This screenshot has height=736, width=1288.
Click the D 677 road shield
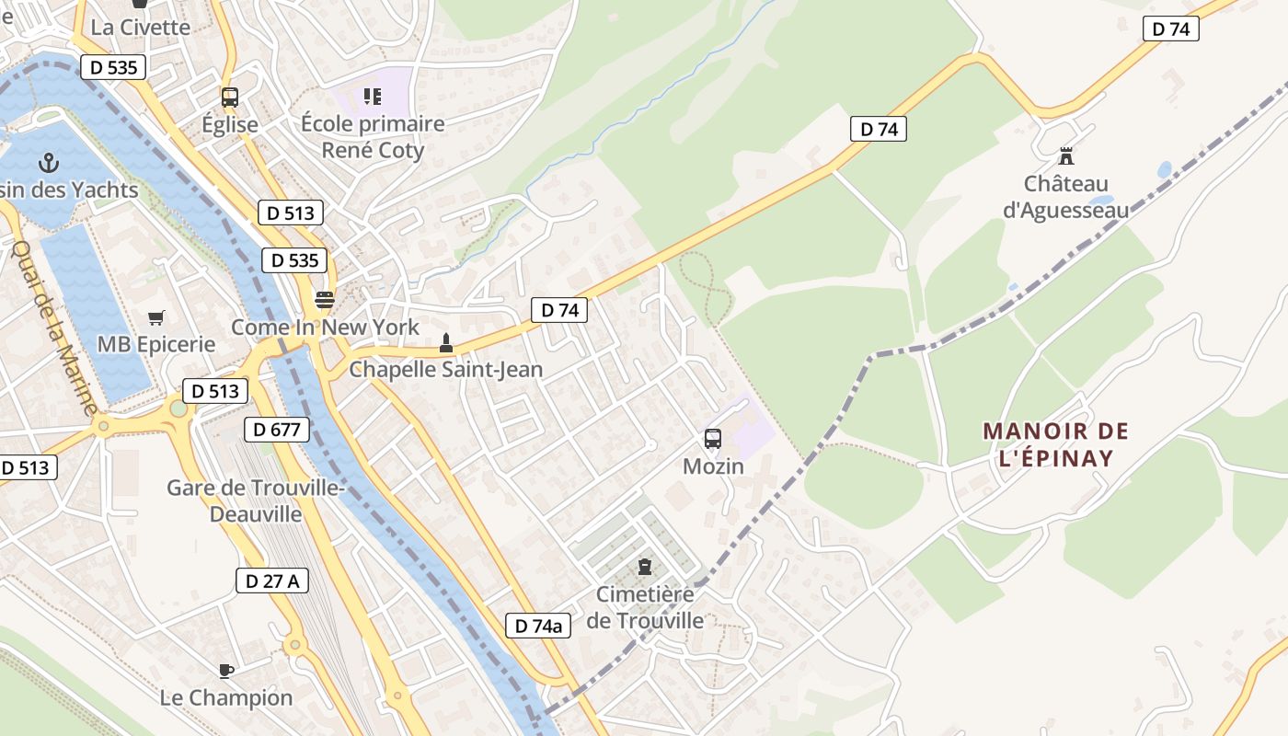coord(277,429)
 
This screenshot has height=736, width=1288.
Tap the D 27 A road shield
coord(271,581)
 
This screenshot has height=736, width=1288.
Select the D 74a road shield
coord(538,627)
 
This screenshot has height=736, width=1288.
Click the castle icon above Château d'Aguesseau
coord(1066,155)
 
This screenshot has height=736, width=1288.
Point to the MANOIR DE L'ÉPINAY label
coord(1055,444)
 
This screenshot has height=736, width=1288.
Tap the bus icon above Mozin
coord(713,439)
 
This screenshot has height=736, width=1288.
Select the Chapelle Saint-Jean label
coord(446,370)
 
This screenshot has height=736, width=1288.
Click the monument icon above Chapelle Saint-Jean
coord(446,343)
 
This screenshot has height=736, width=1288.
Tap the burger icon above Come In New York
coord(324,299)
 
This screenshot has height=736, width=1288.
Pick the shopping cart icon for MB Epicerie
coord(156,317)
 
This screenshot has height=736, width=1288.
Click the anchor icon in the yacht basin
coord(48,164)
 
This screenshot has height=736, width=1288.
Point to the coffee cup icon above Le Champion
coord(226,671)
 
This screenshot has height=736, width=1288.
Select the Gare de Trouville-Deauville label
coord(255,500)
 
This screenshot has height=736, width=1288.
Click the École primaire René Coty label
coord(373,137)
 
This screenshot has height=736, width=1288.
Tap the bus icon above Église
coord(230,97)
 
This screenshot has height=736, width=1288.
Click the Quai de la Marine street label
coord(54,327)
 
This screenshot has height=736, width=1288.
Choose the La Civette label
coord(141,27)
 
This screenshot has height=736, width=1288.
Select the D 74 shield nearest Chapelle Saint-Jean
coord(559,310)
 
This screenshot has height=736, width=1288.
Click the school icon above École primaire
coord(372,96)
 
